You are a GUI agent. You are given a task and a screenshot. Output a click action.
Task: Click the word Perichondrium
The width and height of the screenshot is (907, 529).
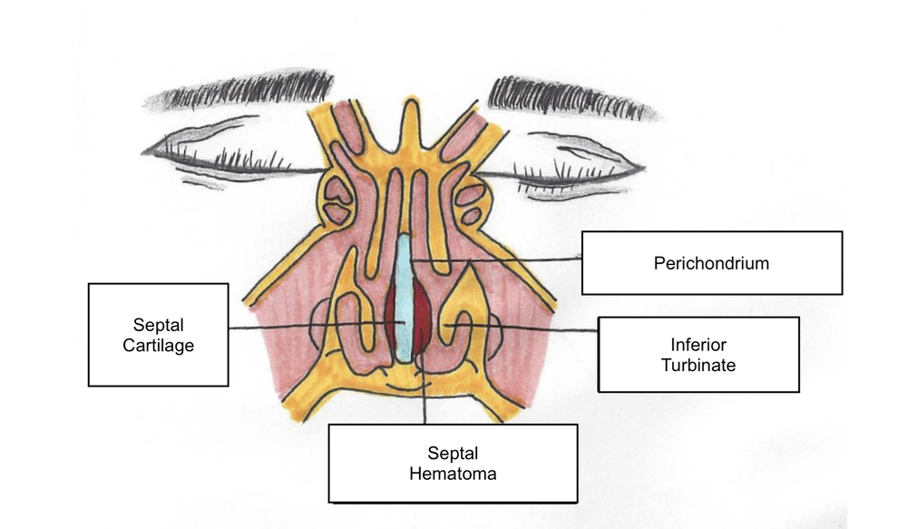711,264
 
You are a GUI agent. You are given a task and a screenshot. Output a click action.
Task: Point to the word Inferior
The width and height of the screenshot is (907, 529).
697,344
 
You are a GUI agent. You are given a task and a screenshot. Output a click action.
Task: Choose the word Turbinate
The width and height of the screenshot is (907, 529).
697,366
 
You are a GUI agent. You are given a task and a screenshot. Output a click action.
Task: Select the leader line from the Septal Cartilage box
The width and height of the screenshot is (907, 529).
299,328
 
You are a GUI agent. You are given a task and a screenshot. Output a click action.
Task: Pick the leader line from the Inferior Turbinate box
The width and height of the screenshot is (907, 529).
544,327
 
